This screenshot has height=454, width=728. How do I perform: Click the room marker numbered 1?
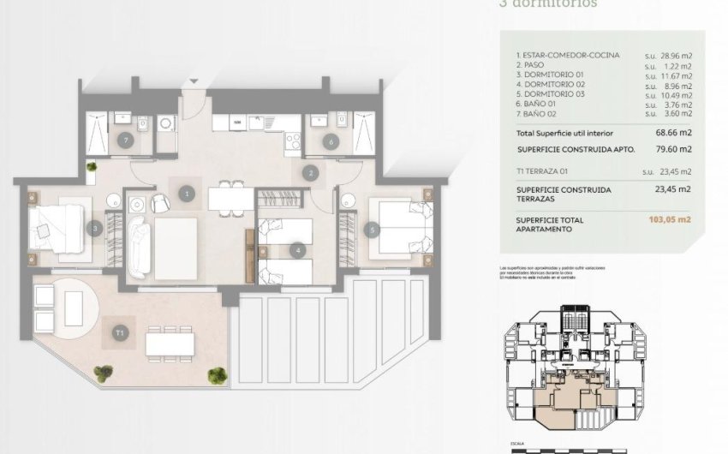tap(187, 194)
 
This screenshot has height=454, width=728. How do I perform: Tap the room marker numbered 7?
tap(126, 140)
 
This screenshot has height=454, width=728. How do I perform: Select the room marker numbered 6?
tap(331, 140)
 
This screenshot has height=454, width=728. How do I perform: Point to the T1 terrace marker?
tap(121, 331)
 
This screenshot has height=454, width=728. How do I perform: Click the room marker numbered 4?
tap(297, 251)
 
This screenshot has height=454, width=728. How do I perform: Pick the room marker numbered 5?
tap(372, 229)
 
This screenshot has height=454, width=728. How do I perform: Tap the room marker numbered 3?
tap(96, 229)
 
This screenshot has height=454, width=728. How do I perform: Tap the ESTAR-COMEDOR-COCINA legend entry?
tap(568, 55)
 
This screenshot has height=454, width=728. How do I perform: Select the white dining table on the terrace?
tap(169, 343)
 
